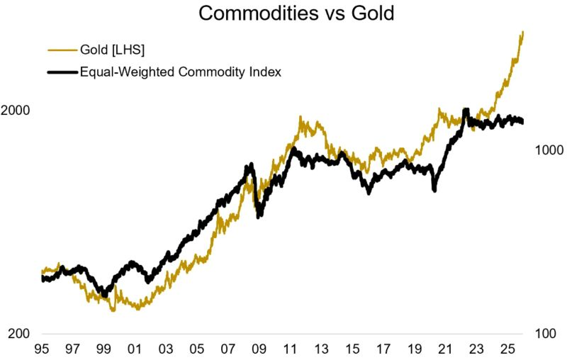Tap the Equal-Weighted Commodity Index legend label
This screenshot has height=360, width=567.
click(x=181, y=72)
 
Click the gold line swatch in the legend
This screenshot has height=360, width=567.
click(x=61, y=50)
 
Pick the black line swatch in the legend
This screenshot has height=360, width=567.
click(x=61, y=72)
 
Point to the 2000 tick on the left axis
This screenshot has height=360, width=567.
click(x=16, y=111)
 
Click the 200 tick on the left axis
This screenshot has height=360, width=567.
click(x=19, y=334)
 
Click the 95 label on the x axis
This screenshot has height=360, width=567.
click(x=41, y=349)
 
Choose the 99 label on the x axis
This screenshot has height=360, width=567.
click(x=103, y=349)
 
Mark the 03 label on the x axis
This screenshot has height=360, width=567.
click(x=165, y=349)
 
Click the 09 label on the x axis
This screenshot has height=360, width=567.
click(x=259, y=349)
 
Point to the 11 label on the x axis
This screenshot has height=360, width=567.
click(x=290, y=349)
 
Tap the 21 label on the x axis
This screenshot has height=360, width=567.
click(x=445, y=349)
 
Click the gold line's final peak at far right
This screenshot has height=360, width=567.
click(x=523, y=32)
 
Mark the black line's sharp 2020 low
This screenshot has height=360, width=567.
click(x=434, y=191)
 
